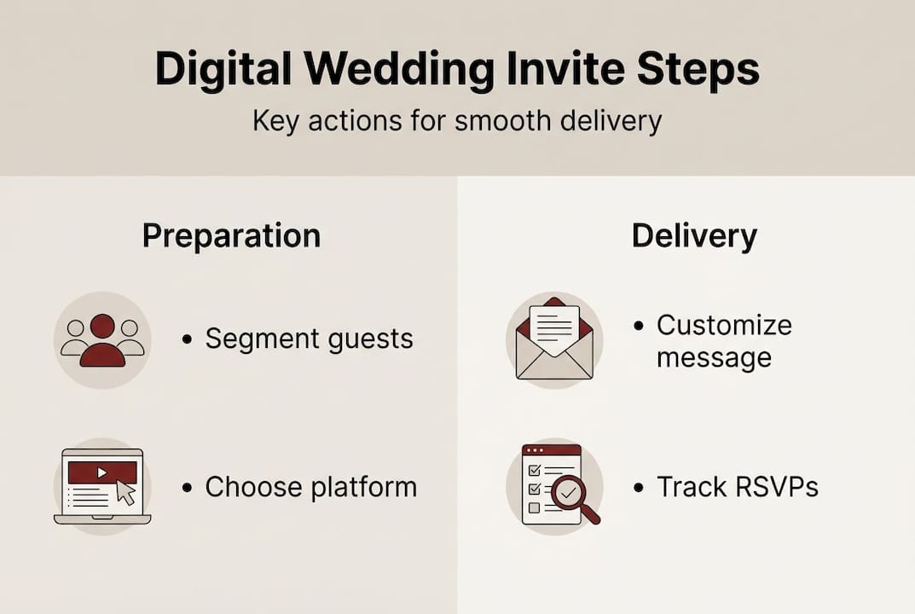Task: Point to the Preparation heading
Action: tap(231, 236)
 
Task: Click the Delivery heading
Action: tap(693, 236)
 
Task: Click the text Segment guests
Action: tap(309, 339)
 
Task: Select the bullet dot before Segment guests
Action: tap(188, 339)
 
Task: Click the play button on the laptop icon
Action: tap(102, 472)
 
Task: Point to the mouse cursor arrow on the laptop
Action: tap(125, 492)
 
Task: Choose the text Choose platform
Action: tap(310, 487)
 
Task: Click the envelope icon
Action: tap(554, 341)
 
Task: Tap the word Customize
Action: tap(723, 325)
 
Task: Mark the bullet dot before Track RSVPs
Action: tap(638, 488)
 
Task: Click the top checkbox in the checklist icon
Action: tap(535, 471)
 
